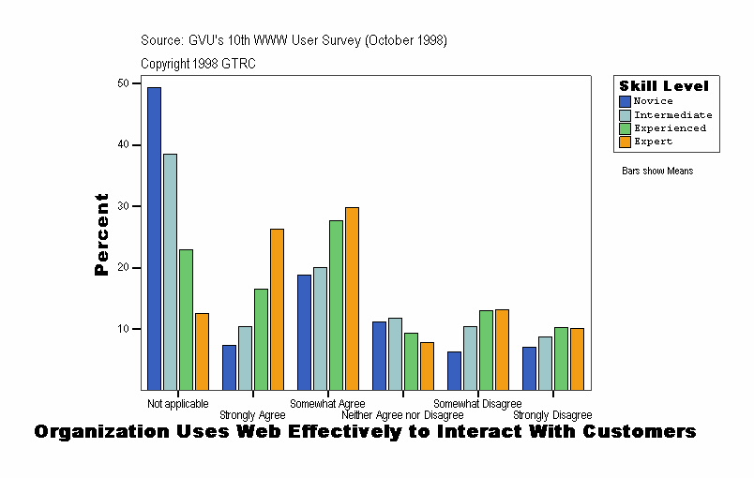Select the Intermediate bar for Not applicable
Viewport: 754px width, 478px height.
[170, 272]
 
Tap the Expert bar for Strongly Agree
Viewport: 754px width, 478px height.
[277, 309]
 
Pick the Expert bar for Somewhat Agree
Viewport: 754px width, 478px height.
[352, 298]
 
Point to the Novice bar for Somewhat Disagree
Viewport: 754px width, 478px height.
[455, 370]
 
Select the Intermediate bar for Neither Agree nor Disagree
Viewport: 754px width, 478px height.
[395, 353]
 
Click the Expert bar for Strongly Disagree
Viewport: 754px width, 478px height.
[577, 359]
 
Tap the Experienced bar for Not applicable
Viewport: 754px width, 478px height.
[186, 319]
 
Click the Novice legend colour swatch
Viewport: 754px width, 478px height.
[626, 101]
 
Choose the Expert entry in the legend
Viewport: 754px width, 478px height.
[653, 142]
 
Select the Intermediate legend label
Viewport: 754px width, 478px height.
[672, 114]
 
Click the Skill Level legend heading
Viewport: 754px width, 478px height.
[664, 86]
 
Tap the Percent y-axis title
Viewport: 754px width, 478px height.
[101, 234]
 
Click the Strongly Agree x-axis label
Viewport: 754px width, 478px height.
[252, 415]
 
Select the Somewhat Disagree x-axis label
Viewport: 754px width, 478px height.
[477, 404]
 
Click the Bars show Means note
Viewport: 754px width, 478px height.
[657, 172]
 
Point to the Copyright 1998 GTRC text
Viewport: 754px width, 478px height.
[198, 64]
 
